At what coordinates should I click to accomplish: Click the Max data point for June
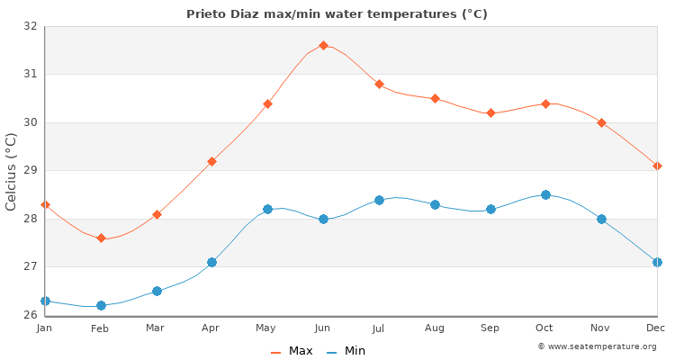coord(323,45)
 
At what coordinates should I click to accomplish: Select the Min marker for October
coord(545,194)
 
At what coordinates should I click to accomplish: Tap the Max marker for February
coord(101,238)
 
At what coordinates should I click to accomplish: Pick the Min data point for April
coord(211,262)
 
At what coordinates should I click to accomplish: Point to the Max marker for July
coord(379,84)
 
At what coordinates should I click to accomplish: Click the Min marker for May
coord(267,209)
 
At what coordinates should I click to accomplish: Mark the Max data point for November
coord(601,122)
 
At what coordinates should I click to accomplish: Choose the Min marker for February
coord(101,305)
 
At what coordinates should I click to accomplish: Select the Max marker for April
coord(211,161)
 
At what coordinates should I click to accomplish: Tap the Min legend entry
coord(346,351)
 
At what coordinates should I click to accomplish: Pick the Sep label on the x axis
coord(490,328)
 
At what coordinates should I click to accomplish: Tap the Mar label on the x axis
coord(157,328)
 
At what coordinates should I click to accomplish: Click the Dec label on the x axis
coord(655,328)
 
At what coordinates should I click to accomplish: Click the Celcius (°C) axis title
coord(12,171)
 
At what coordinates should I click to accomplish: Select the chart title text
coord(337,13)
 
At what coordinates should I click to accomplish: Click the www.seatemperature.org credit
coord(597,346)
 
